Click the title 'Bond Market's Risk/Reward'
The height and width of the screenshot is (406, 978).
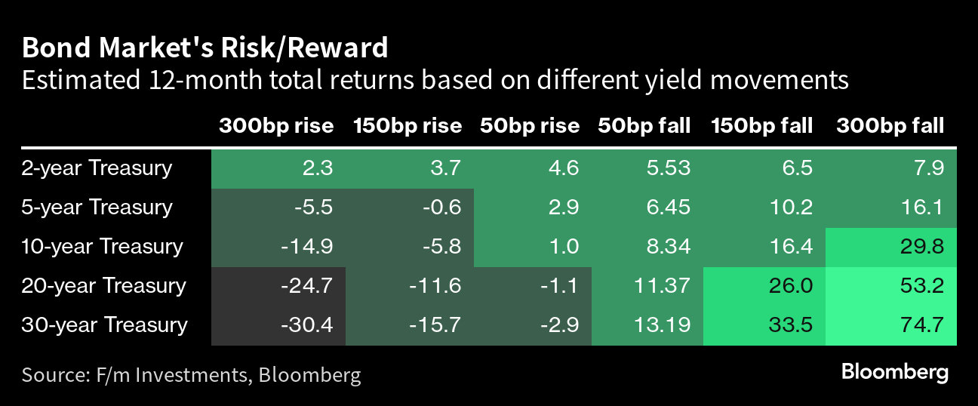205,48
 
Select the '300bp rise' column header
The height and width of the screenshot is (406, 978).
276,126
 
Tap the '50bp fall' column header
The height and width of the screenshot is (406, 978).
644,126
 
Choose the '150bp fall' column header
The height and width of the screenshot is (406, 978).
761,126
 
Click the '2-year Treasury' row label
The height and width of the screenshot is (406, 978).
97,168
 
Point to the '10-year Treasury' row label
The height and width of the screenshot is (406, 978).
103,246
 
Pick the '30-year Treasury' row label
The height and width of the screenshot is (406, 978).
104,325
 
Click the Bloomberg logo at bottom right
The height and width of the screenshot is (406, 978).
894,373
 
